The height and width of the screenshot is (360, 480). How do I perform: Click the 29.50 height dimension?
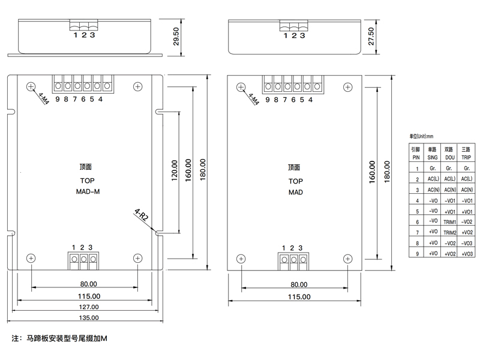pos(176,37)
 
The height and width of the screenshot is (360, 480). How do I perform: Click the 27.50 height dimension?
pos(371,37)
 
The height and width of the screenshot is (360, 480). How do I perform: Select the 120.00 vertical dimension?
pos(175,170)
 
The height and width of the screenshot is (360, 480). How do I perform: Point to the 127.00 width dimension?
pos(89,307)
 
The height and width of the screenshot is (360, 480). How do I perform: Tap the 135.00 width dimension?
pos(89,317)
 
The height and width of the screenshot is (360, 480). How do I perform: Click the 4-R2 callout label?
pos(142,215)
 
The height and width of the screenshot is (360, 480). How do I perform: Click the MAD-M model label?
pos(88,191)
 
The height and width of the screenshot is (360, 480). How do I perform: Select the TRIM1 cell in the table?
pos(449,222)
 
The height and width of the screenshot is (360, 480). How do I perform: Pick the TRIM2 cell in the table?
pos(449,233)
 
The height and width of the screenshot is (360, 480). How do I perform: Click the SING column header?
pos(432,157)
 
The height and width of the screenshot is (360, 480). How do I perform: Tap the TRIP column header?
pos(466,157)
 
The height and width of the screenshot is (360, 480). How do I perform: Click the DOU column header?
pos(449,157)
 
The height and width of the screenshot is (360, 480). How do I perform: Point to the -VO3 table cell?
pos(467,244)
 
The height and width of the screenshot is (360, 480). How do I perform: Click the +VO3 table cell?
pos(467,254)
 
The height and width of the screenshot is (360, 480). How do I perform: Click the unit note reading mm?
pos(421,136)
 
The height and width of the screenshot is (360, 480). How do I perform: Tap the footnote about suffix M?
pos(59,338)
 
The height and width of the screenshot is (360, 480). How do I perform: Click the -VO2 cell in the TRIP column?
pos(467,221)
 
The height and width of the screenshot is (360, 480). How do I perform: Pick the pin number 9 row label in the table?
pos(417,254)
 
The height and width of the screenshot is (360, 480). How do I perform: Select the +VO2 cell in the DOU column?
pos(450,254)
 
